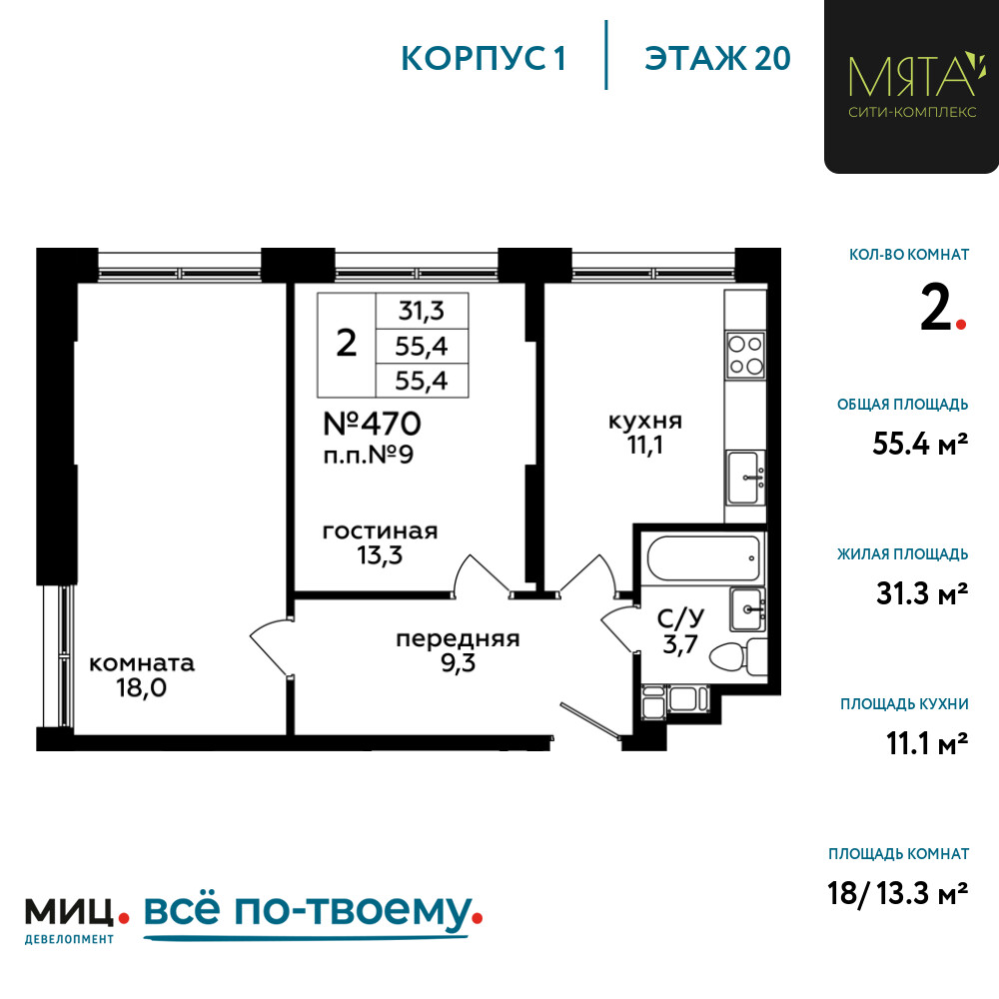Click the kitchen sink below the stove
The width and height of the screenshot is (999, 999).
[x=745, y=478]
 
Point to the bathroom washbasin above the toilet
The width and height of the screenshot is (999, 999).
[x=747, y=608]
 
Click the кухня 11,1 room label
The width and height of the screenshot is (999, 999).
[x=645, y=433]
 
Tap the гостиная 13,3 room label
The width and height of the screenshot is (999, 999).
[x=380, y=543]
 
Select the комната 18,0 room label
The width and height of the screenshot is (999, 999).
[x=142, y=674]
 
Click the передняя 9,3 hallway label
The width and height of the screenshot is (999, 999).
[x=458, y=650]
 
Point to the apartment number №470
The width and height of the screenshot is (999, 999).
[x=372, y=424]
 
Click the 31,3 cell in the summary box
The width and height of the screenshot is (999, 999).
[x=421, y=311]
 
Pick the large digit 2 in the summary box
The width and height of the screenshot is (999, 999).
[x=346, y=344]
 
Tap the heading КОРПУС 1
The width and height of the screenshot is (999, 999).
[x=484, y=58]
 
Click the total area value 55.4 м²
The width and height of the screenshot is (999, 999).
[x=920, y=445]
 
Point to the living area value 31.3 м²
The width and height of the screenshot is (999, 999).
[x=920, y=594]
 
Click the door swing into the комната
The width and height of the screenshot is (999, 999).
[x=267, y=649]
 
